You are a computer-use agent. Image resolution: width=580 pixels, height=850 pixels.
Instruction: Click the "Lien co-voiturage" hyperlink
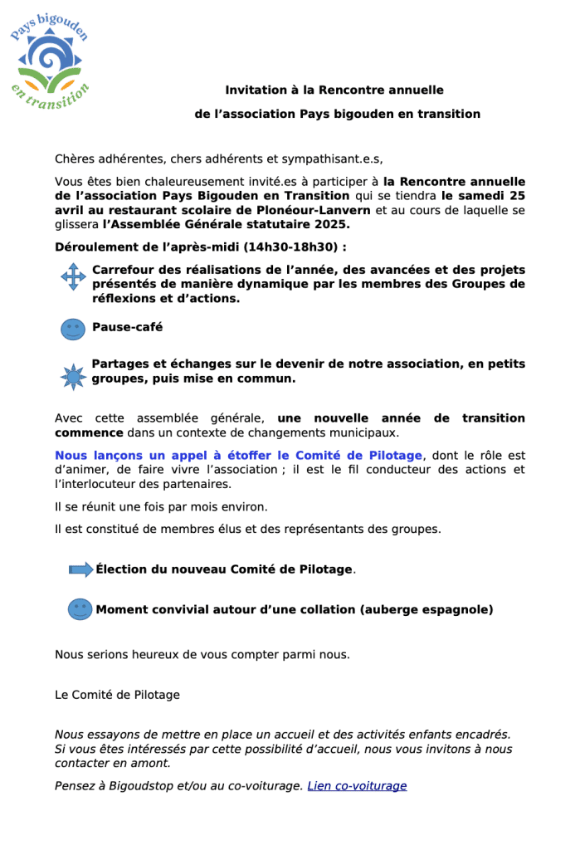coord(357,786)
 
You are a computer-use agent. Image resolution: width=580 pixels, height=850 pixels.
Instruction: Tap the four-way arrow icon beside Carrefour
coord(73,276)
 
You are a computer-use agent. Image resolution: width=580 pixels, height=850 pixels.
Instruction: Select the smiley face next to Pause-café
coord(73,329)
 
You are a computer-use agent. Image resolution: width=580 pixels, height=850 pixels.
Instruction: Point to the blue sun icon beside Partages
coord(73,376)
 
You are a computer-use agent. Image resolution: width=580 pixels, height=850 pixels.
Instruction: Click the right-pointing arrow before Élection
coord(80,569)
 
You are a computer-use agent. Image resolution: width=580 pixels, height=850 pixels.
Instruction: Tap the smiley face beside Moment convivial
coord(80,609)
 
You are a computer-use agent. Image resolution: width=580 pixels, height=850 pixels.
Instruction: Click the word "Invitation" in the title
coord(254,90)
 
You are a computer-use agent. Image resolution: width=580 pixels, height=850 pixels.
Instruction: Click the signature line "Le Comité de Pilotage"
coord(117,695)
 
